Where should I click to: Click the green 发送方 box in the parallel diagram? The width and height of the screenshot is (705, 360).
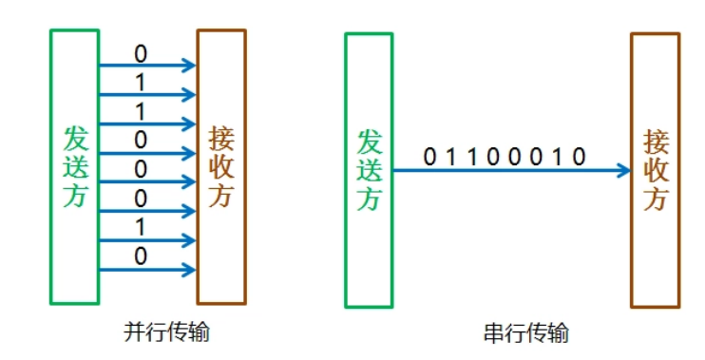74,166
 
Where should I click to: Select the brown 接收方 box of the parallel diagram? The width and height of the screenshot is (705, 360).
220,166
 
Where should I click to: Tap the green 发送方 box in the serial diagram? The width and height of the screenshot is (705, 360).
369,170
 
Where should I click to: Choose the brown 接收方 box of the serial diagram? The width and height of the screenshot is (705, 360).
656,170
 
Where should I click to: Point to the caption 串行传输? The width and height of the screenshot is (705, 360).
524,333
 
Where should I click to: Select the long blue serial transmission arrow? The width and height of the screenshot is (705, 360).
504,171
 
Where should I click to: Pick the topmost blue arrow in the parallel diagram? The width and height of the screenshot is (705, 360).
147,66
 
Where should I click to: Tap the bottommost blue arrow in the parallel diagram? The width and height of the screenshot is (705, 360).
147,270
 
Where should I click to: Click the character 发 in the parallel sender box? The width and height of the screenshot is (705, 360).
75,139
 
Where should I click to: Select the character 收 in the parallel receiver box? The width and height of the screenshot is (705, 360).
220,167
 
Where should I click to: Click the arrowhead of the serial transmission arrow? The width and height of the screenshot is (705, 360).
623,171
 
